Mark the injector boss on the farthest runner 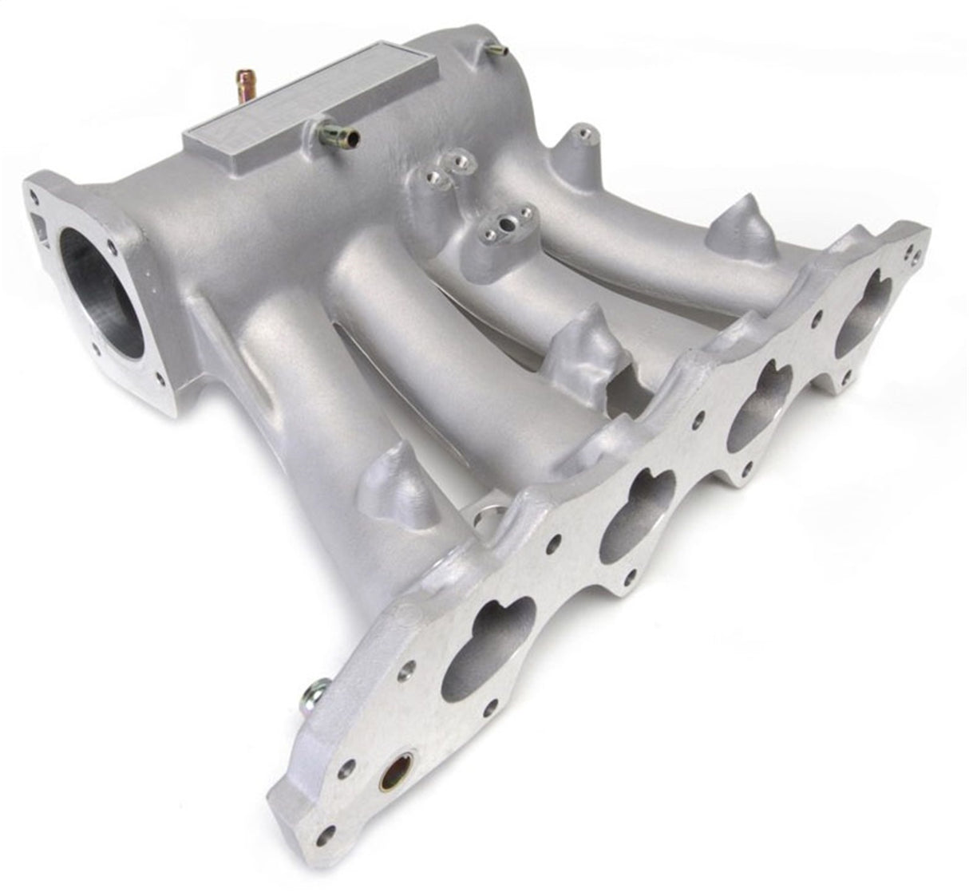pos(742,222)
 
